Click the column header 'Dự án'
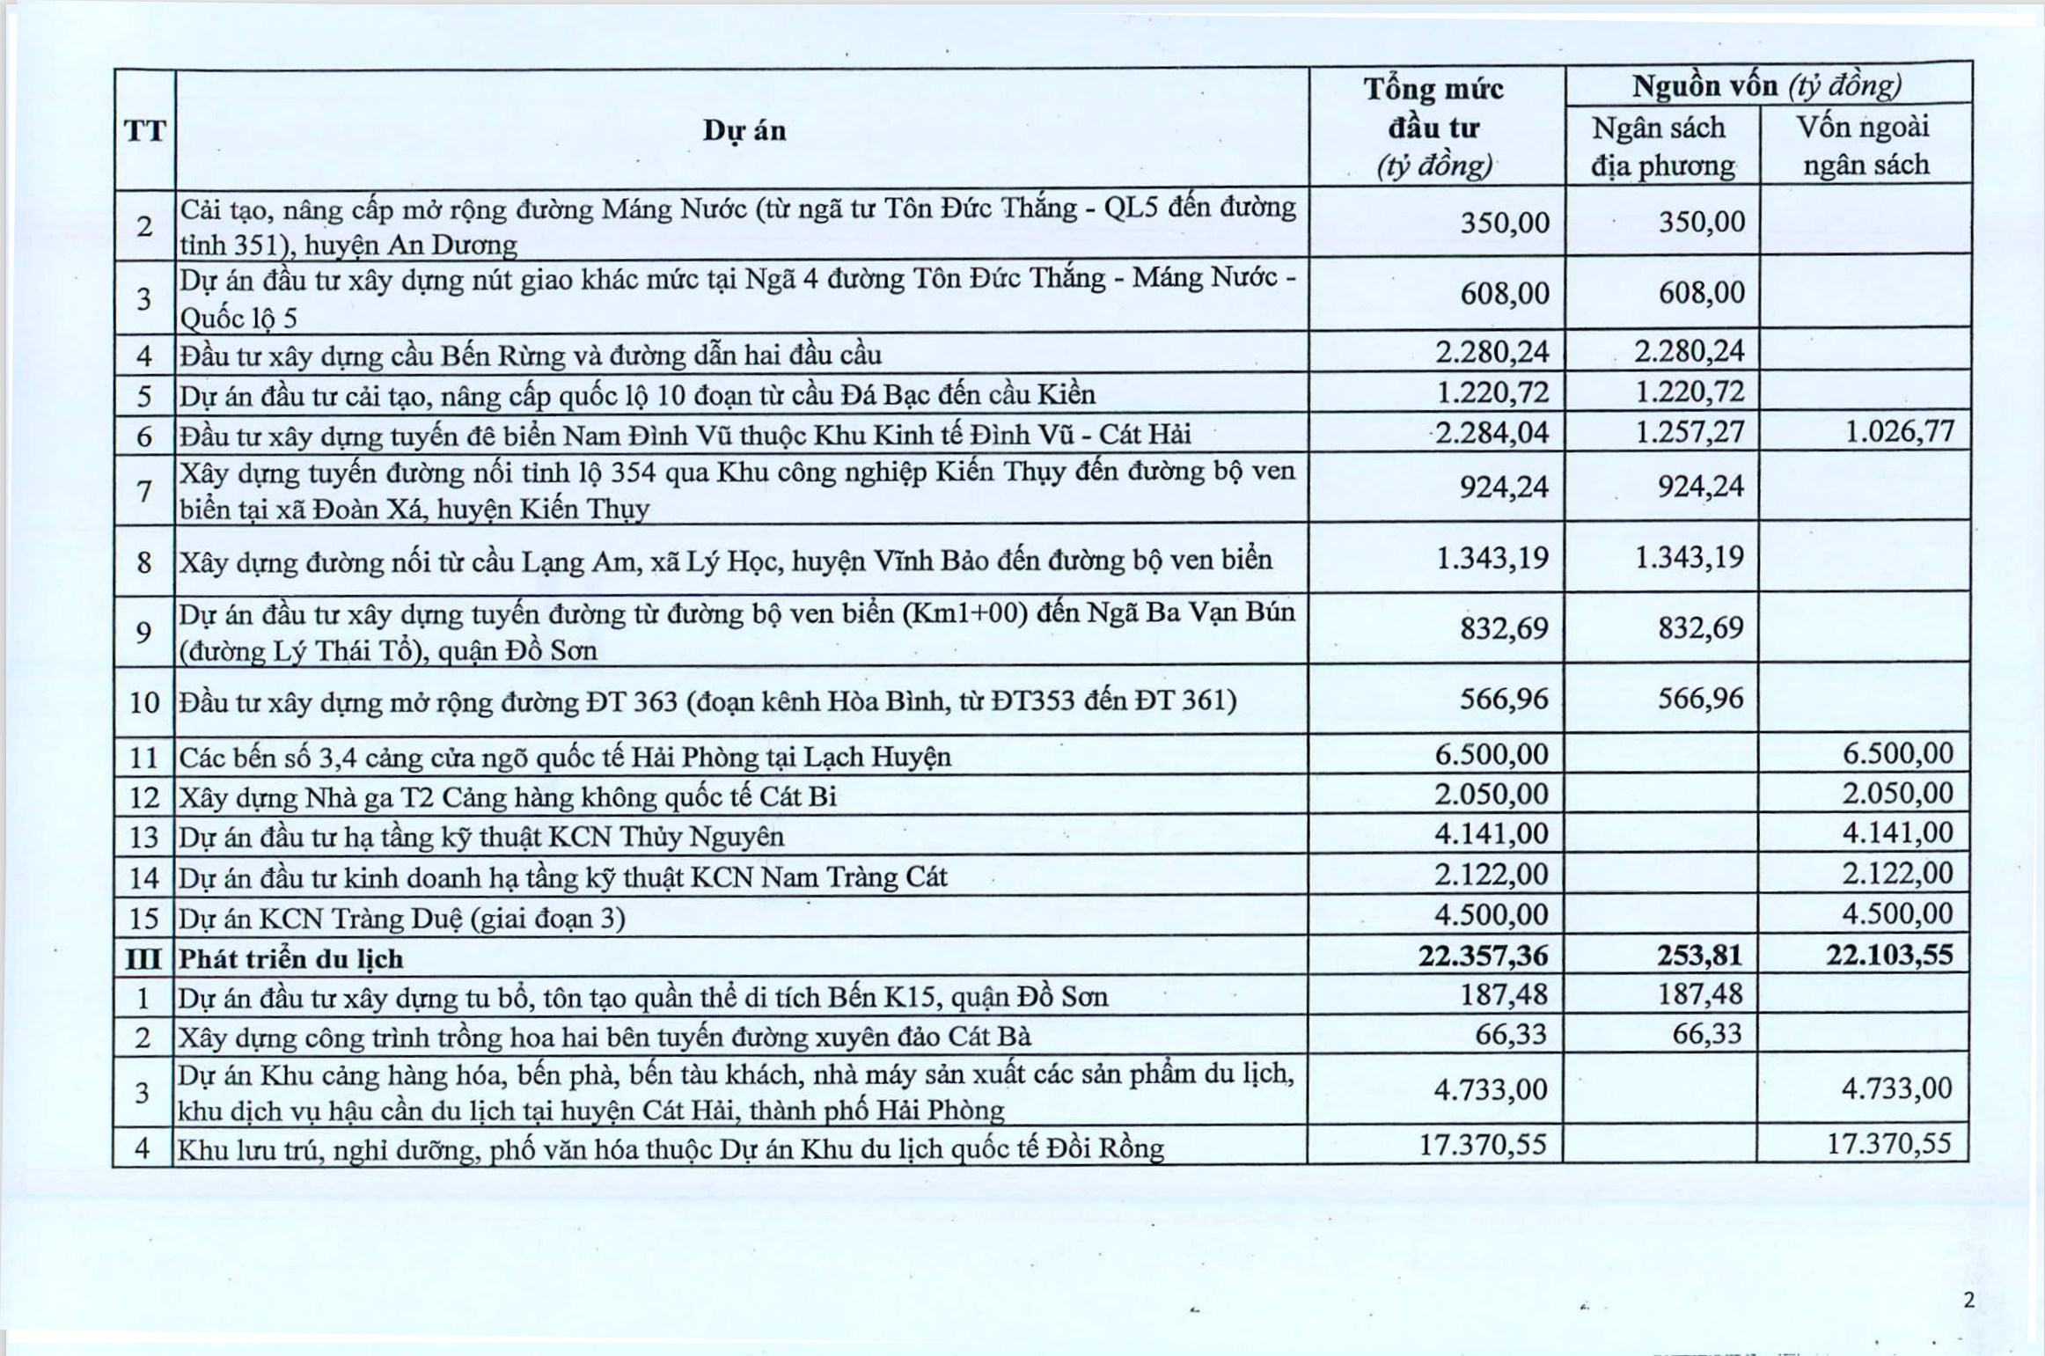point(744,131)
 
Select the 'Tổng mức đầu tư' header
point(1434,127)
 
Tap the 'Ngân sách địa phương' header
point(1661,146)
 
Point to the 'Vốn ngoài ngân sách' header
point(1865,145)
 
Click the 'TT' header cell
point(145,131)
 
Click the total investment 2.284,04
point(1492,433)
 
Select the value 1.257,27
point(1690,432)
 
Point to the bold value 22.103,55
point(1889,955)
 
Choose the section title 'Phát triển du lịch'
point(291,958)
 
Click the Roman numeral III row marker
point(143,958)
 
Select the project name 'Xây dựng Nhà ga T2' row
point(508,797)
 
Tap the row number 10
point(144,702)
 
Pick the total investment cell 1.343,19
point(1492,558)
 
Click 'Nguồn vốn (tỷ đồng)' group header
point(1767,86)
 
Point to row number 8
point(144,561)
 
